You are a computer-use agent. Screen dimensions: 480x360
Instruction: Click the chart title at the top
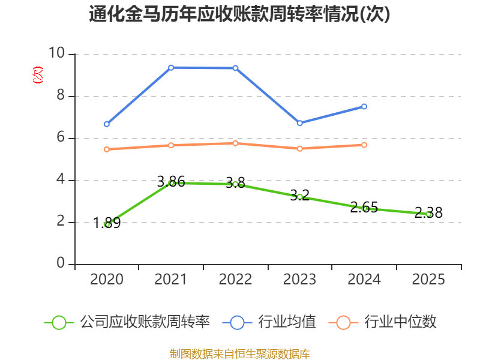(x=239, y=14)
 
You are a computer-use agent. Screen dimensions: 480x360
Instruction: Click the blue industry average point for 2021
(x=171, y=68)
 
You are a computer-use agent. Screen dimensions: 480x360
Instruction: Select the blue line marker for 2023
(x=300, y=123)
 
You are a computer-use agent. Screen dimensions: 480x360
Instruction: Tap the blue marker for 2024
(x=364, y=107)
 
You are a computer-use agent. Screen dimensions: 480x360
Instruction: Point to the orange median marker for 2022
(x=235, y=143)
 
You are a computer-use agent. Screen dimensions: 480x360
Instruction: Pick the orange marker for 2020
(x=107, y=149)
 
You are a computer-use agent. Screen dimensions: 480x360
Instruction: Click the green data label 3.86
(x=171, y=182)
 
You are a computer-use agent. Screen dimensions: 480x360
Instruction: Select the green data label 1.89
(x=107, y=223)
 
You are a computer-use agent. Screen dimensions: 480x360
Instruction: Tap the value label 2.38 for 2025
(x=428, y=212)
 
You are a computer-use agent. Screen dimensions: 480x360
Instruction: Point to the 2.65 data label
(x=364, y=207)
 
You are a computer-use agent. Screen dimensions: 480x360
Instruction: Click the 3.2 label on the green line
(x=299, y=196)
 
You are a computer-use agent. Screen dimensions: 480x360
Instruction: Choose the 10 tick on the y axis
(x=56, y=53)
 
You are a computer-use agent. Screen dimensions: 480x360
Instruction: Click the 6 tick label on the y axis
(x=61, y=137)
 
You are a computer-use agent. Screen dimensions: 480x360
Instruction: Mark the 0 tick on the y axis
(x=61, y=263)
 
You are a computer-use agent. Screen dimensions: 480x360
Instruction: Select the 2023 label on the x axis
(x=299, y=279)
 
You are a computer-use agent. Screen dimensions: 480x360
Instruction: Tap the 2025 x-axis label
(x=428, y=279)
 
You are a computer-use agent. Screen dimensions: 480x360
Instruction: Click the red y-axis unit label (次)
(x=38, y=75)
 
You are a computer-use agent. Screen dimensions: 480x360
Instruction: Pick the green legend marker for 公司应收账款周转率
(x=59, y=323)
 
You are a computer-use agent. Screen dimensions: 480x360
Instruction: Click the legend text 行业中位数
(x=400, y=322)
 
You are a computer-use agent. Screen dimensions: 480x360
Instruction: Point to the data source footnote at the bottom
(x=240, y=354)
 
